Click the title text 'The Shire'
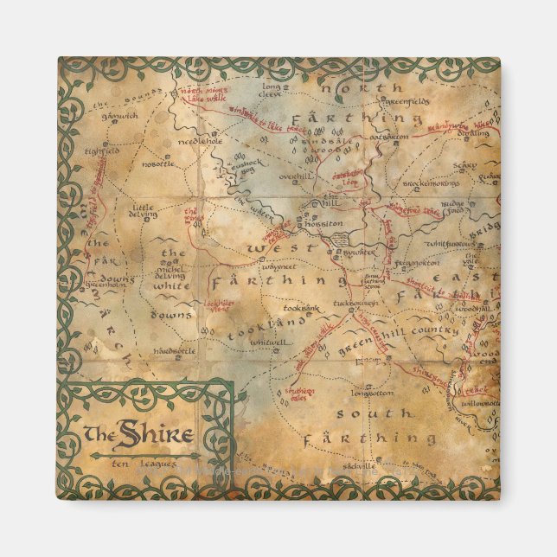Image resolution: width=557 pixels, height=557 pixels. pos(138,432)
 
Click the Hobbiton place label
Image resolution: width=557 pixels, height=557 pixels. pos(323,223)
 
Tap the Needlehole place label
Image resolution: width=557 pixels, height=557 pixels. pos(200,141)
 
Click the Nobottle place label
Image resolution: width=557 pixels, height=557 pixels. pos(158,163)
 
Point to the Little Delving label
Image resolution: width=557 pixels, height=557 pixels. pos(143,211)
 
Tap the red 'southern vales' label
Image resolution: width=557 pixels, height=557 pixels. pos(301,395)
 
